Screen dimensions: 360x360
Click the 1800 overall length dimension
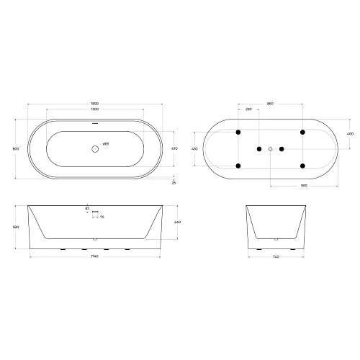94,104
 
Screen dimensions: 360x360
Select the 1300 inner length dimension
94,109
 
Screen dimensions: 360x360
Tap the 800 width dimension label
16,149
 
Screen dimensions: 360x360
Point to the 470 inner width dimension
174,149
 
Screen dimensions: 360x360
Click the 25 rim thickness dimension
174,183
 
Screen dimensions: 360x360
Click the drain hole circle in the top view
94,149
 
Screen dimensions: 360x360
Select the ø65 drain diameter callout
106,145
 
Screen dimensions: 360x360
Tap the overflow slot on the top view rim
94,122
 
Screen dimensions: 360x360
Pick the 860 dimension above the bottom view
270,104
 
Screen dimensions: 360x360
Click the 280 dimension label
248,109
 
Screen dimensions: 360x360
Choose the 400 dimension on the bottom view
351,134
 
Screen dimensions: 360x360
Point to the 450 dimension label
194,149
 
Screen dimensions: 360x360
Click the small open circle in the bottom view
271,149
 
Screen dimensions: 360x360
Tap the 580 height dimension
16,225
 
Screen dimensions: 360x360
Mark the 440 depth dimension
176,222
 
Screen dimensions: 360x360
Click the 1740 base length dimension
94,257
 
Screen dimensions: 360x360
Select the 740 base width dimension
277,257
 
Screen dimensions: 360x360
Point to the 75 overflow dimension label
102,217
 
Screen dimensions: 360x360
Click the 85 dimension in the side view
87,209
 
